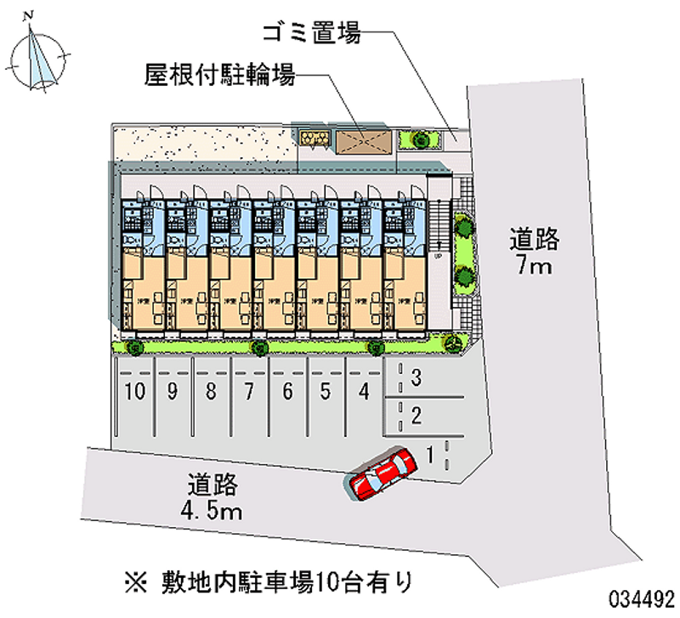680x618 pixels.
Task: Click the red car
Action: [382, 474]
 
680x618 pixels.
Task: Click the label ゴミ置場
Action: [311, 33]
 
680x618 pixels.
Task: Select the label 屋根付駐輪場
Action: [220, 77]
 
